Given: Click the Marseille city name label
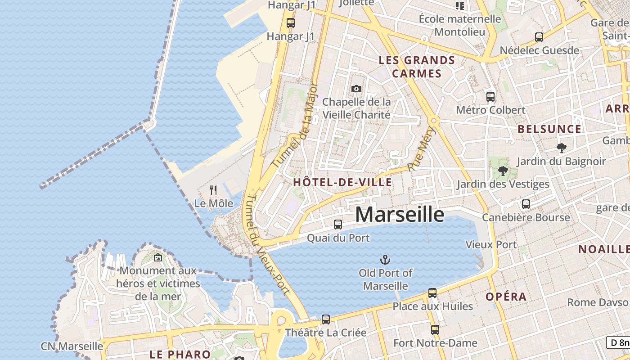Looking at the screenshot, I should pyautogui.click(x=400, y=215).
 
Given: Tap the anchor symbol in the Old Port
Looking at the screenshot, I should pyautogui.click(x=385, y=260).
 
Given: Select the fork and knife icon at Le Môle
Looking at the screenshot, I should pyautogui.click(x=213, y=190).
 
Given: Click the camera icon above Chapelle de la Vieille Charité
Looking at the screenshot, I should pyautogui.click(x=356, y=89).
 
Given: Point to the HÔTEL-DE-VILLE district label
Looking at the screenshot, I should pyautogui.click(x=342, y=182).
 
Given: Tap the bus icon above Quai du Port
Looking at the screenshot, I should pyautogui.click(x=338, y=224).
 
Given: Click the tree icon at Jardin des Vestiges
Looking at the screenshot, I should pyautogui.click(x=503, y=171).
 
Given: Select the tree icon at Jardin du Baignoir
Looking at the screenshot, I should pyautogui.click(x=561, y=148).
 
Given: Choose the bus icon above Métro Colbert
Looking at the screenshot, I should pyautogui.click(x=490, y=96).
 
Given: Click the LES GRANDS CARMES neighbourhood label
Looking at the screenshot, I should pyautogui.click(x=417, y=67).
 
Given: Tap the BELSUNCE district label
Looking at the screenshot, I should pyautogui.click(x=549, y=129).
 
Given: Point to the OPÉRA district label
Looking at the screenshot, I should pyautogui.click(x=506, y=297).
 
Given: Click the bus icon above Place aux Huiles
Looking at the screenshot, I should pyautogui.click(x=432, y=293).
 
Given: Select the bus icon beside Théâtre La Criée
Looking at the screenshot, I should pyautogui.click(x=326, y=319).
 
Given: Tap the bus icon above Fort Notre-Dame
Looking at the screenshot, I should pyautogui.click(x=435, y=329).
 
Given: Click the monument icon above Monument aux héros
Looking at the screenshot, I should pyautogui.click(x=158, y=257).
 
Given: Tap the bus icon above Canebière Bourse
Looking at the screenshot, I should pyautogui.click(x=526, y=204).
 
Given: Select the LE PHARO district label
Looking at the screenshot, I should pyautogui.click(x=180, y=354).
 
